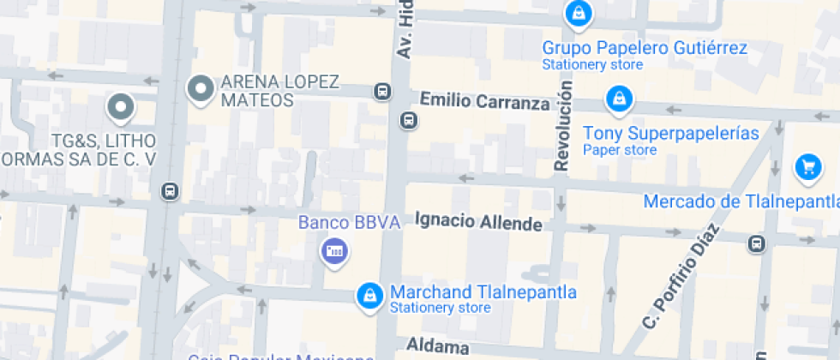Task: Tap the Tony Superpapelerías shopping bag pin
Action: [x=617, y=99]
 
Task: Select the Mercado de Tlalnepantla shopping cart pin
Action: [x=807, y=167]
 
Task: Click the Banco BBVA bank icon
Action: [x=333, y=251]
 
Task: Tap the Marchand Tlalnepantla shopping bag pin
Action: [x=369, y=295]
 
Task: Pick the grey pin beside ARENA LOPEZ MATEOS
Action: [x=201, y=89]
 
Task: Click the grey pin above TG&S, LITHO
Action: [x=121, y=107]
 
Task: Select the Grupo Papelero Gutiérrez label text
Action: [x=645, y=48]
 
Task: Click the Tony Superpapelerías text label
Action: [x=671, y=134]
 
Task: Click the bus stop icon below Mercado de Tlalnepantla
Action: [x=757, y=244]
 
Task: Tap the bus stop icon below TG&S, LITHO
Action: [x=171, y=191]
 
